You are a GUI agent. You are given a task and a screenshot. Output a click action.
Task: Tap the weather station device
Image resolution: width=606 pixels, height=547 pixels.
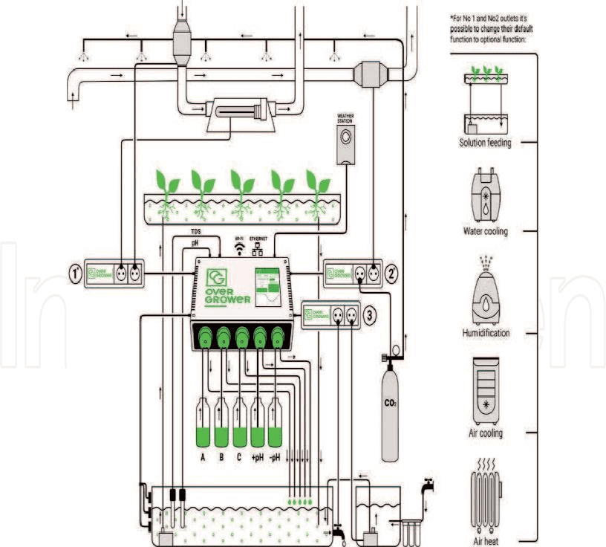pos(346,139)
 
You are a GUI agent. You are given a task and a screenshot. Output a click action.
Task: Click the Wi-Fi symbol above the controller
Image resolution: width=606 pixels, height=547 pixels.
pos(239,249)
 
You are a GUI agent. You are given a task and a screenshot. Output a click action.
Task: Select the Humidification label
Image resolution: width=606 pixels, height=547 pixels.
pos(486,333)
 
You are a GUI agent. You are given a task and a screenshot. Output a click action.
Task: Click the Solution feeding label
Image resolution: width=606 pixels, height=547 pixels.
pos(484,142)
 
